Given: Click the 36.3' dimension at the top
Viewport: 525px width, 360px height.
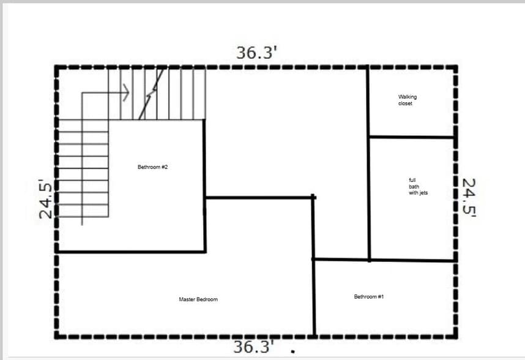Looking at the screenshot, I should click(257, 53).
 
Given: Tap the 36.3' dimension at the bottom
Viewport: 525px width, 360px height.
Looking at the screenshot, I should click(253, 347).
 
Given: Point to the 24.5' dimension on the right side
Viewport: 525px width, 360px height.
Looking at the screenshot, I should click(469, 198).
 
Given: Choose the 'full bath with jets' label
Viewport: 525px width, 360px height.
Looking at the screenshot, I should click(418, 187).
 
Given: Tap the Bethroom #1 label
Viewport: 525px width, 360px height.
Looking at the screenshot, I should click(368, 297).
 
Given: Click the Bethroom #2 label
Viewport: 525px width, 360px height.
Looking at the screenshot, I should click(148, 167).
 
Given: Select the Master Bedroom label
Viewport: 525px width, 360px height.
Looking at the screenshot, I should click(198, 299).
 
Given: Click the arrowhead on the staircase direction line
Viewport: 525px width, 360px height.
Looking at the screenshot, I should click(126, 93).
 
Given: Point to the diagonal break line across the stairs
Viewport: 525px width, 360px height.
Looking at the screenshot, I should click(152, 93).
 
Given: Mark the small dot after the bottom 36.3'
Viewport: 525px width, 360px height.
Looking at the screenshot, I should click(293, 351).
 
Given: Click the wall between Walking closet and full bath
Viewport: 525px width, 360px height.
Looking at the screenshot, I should click(411, 137).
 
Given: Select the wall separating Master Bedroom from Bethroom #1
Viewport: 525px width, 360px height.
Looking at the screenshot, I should click(314, 300).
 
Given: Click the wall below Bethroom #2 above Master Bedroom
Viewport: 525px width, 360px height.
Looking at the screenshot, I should click(132, 251).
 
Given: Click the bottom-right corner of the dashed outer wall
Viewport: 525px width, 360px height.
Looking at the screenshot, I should click(455, 335).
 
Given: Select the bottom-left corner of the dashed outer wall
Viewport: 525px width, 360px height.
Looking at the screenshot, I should click(57, 335).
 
